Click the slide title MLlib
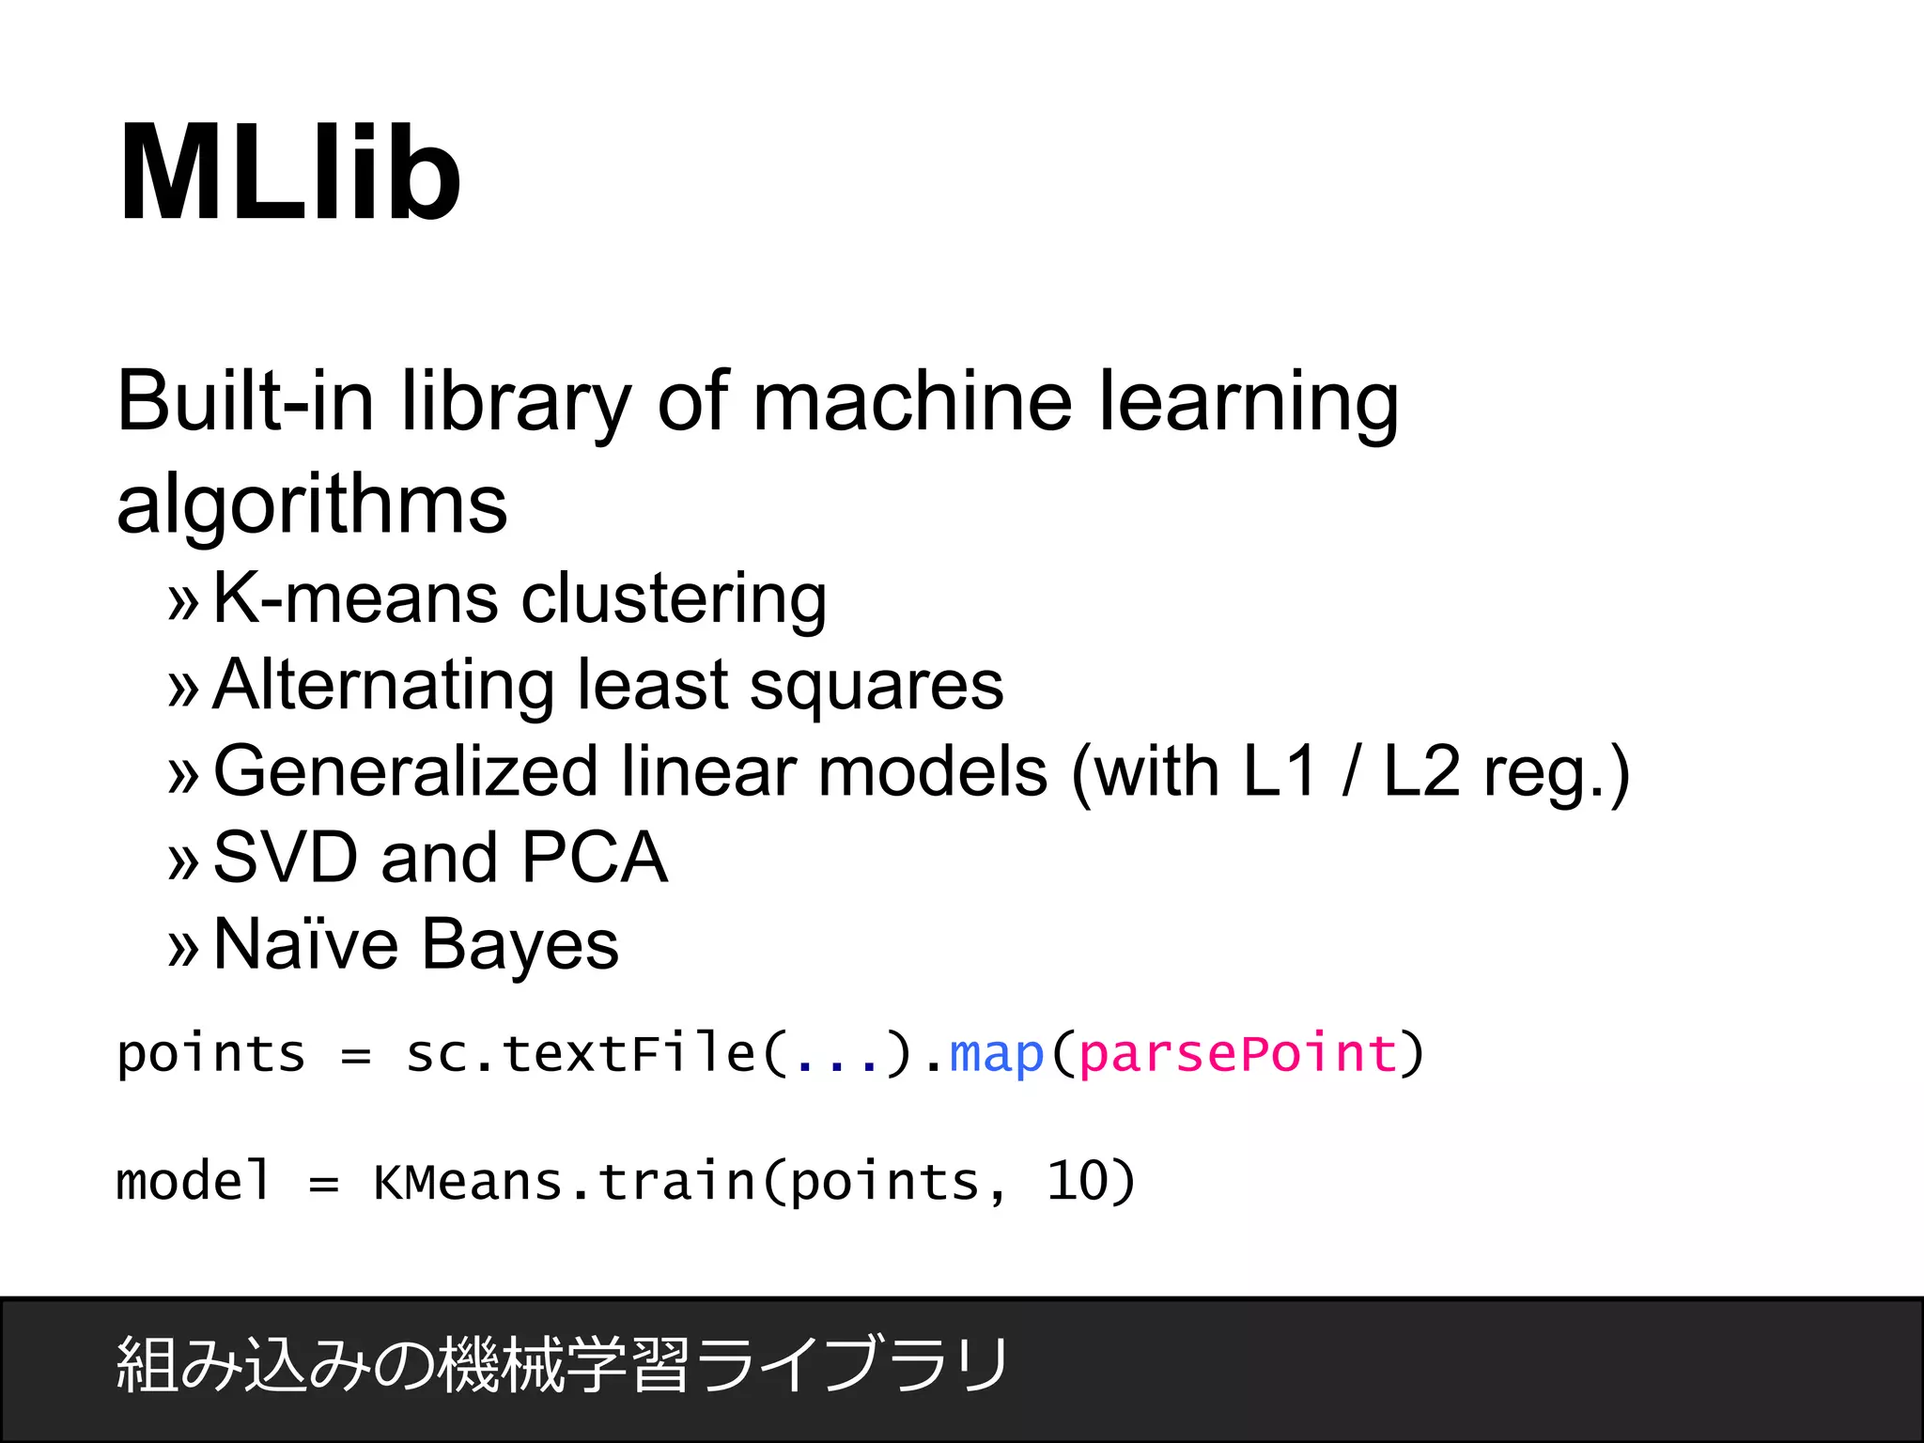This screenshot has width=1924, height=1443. click(289, 174)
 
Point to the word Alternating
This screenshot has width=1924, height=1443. click(382, 685)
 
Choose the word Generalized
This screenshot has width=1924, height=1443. click(406, 771)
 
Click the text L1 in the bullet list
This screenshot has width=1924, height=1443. click(1280, 771)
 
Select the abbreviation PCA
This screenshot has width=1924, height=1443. click(594, 858)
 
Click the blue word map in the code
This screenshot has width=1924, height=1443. click(997, 1054)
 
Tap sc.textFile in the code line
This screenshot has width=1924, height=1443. click(581, 1054)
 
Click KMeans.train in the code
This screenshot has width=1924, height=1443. click(564, 1182)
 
